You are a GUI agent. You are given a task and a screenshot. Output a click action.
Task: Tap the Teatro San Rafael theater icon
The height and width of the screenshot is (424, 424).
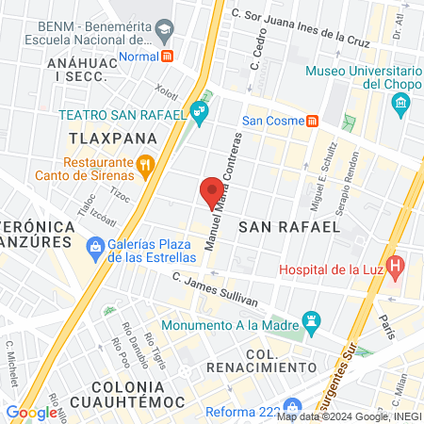click(199, 115)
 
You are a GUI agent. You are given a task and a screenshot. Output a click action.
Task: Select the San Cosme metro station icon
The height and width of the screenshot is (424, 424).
click(312, 121)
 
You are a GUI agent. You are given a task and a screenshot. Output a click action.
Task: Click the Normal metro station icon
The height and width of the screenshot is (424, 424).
click(168, 56)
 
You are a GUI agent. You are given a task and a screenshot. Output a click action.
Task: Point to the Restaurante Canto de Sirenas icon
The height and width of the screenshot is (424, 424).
click(144, 167)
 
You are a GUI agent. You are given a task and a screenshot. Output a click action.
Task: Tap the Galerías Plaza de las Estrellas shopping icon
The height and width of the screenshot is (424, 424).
click(93, 247)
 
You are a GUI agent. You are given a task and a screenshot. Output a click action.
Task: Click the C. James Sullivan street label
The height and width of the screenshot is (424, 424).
click(216, 288)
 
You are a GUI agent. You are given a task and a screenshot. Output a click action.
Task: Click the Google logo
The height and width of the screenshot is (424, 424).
click(32, 412)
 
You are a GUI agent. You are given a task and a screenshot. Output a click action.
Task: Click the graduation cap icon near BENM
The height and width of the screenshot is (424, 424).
click(163, 31)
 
